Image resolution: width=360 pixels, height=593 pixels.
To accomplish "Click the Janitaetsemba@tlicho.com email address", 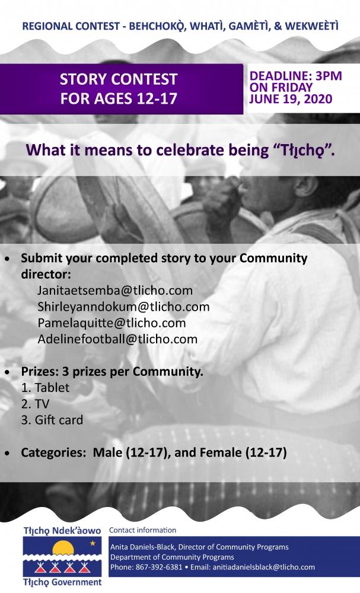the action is [x=115, y=291].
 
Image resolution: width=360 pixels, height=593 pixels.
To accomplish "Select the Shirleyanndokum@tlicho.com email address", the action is [x=123, y=307].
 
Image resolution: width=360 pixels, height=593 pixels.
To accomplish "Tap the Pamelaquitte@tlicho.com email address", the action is [x=111, y=323].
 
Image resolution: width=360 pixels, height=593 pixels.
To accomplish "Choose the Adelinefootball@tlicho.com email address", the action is [x=117, y=339].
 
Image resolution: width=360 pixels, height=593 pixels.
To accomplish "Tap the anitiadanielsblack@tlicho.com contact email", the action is [x=263, y=568].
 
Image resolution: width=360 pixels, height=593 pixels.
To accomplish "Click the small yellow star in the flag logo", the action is [x=93, y=544].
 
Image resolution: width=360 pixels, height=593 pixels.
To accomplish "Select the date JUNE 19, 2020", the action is [x=291, y=99].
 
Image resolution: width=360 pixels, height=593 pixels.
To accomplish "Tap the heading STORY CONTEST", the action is [x=119, y=79].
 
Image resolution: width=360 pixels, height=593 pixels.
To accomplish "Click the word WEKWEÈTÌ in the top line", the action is [x=311, y=26].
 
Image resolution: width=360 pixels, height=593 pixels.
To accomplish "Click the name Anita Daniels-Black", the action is [x=142, y=547].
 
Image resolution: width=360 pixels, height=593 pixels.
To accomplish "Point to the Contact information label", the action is [x=142, y=530].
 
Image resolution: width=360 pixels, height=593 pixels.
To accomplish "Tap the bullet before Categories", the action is [x=8, y=453].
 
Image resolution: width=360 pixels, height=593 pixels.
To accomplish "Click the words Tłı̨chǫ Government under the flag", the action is [x=62, y=582].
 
